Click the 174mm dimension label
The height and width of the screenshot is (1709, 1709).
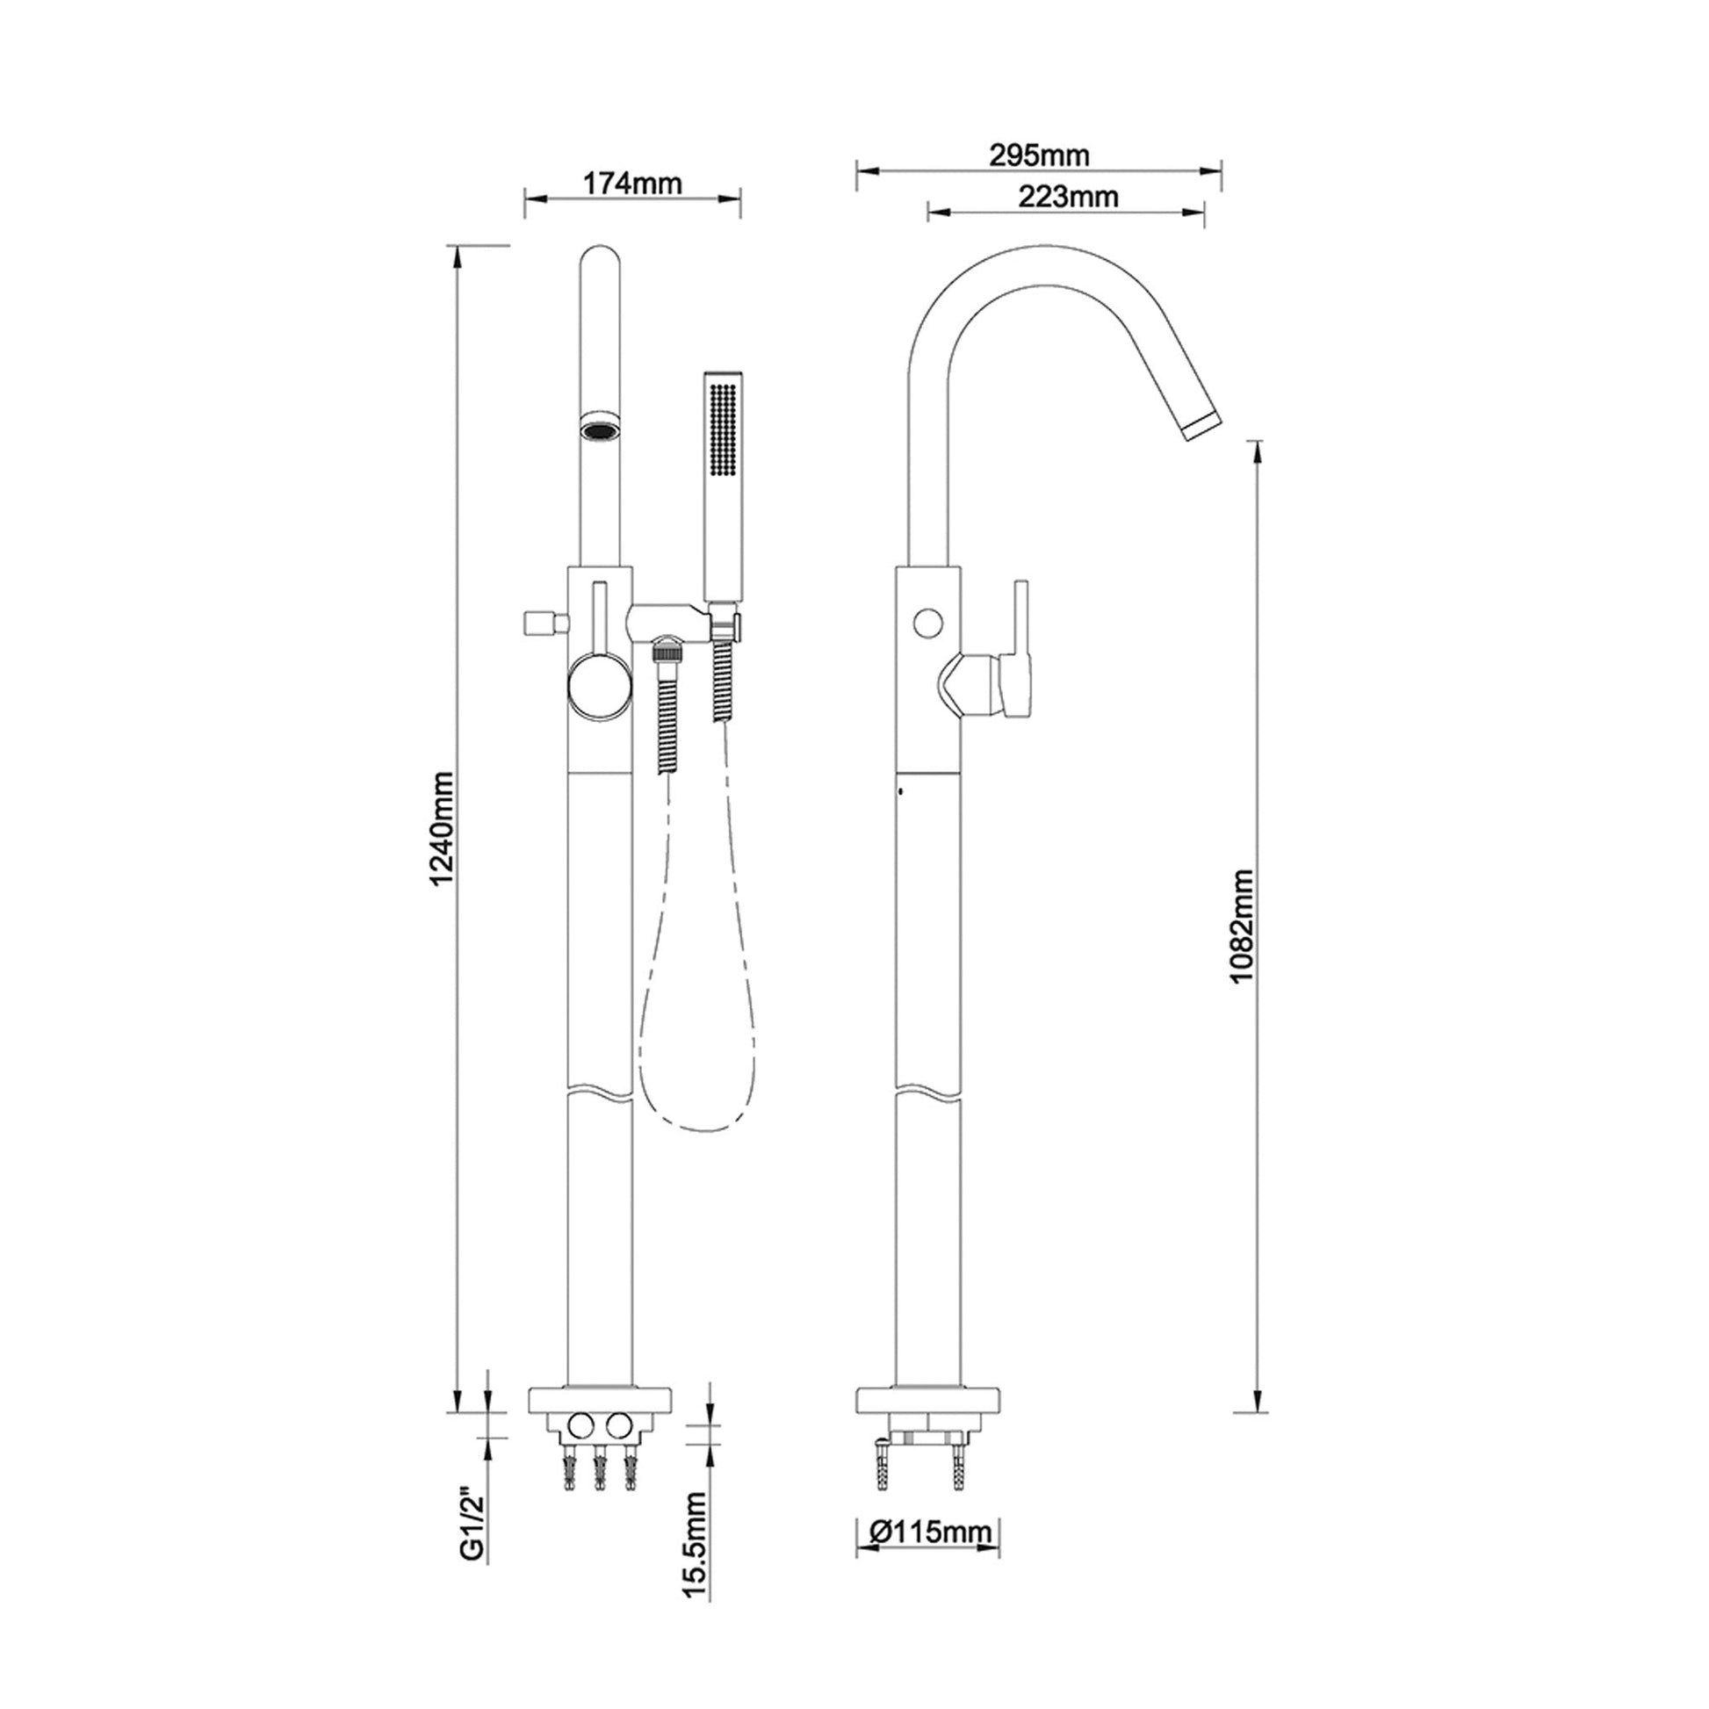[x=632, y=184]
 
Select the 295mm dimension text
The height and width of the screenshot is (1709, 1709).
[x=1040, y=155]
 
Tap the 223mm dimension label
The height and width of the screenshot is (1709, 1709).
[x=1068, y=197]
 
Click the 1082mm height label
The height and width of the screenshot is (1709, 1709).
[x=1242, y=926]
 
